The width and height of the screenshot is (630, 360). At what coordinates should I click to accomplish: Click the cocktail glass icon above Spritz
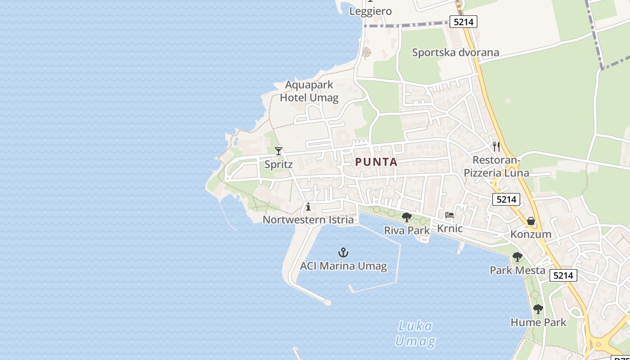[x=279, y=151]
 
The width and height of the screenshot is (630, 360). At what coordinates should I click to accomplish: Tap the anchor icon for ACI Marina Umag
[x=343, y=252]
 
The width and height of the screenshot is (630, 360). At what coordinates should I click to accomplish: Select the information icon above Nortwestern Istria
[x=308, y=207]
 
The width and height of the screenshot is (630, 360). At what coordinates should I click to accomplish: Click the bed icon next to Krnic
[x=449, y=215]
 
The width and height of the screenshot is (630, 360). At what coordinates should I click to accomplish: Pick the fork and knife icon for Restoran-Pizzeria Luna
[x=496, y=146]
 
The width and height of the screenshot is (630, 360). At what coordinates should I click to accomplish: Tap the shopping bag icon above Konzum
[x=531, y=221]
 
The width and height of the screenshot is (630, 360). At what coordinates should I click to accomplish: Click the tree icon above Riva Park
[x=407, y=217]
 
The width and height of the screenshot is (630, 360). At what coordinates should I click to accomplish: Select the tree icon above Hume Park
[x=538, y=309]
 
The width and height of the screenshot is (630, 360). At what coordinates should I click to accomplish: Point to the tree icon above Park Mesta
[x=517, y=257]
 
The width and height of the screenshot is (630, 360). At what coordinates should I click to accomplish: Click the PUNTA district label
[x=376, y=162]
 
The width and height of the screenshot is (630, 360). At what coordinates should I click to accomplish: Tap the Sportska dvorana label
[x=455, y=53]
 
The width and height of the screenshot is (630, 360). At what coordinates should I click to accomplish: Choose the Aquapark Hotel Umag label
[x=309, y=91]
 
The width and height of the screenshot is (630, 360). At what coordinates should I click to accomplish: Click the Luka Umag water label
[x=415, y=333]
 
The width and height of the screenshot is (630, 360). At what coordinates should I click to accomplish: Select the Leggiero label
[x=371, y=11]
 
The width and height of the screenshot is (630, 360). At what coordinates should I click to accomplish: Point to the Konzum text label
[x=531, y=234]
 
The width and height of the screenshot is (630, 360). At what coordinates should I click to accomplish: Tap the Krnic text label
[x=450, y=229]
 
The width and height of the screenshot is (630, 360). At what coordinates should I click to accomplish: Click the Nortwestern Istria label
[x=308, y=220]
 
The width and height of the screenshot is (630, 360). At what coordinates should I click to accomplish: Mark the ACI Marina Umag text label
[x=343, y=266]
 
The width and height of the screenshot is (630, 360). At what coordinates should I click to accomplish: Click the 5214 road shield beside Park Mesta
[x=563, y=275]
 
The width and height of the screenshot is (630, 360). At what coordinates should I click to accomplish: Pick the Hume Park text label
[x=539, y=322]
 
